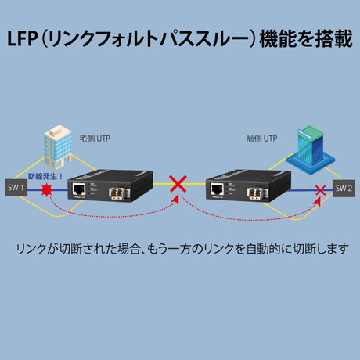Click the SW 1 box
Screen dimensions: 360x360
[16, 188]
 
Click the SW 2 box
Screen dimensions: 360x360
[344, 189]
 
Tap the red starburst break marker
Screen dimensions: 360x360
[47, 189]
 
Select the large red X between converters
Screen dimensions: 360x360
[178, 184]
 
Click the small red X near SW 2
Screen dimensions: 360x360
[320, 190]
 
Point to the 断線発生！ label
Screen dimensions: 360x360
[45, 176]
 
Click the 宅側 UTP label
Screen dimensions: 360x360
[95, 139]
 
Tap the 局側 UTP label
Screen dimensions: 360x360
[261, 139]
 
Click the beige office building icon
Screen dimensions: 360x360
[58, 147]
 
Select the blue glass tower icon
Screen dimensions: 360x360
[310, 149]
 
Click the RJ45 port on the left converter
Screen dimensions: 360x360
[79, 189]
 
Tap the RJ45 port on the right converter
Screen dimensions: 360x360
[218, 189]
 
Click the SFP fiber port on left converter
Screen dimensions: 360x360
[119, 193]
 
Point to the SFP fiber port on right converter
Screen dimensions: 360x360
[257, 193]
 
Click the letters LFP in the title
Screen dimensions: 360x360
[22, 39]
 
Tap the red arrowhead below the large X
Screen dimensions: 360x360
[178, 200]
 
